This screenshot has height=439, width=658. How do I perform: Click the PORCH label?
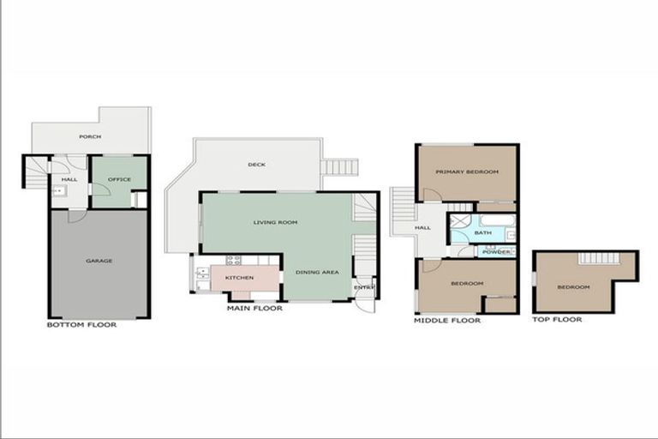point(90,136)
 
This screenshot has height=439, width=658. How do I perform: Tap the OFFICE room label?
point(118,179)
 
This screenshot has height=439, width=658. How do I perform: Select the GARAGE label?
point(99,261)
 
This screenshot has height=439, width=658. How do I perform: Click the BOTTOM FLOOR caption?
point(81,325)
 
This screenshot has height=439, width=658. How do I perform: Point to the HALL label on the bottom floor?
point(69,179)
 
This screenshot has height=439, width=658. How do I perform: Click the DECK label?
point(256,165)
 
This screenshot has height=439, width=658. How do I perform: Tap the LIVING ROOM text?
point(275,222)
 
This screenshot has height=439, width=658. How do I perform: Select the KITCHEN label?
point(239,278)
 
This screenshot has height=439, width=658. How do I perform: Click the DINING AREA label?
point(317,272)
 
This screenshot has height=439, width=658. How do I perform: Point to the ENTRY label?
point(365,287)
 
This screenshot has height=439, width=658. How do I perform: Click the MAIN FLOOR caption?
point(254,308)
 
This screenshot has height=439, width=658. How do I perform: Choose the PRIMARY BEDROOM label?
point(466,172)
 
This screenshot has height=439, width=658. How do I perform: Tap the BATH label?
point(483,232)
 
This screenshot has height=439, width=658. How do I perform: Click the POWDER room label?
point(496,252)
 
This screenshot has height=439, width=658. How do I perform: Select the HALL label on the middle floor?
point(423,228)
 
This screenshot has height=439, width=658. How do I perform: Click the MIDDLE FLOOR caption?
point(446,320)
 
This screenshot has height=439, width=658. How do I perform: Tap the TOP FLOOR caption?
point(557,320)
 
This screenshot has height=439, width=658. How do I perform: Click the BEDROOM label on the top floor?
point(573,286)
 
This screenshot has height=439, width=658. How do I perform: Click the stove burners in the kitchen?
point(233,260)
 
